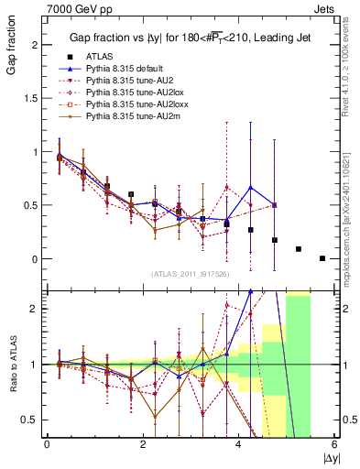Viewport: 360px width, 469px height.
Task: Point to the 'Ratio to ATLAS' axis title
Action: click(10, 366)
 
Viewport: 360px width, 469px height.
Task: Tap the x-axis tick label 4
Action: click(239, 445)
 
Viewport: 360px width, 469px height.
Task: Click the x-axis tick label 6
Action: click(335, 445)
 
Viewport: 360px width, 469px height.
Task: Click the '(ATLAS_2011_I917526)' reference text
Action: click(190, 275)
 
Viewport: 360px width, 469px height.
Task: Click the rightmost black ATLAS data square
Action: click(322, 258)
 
